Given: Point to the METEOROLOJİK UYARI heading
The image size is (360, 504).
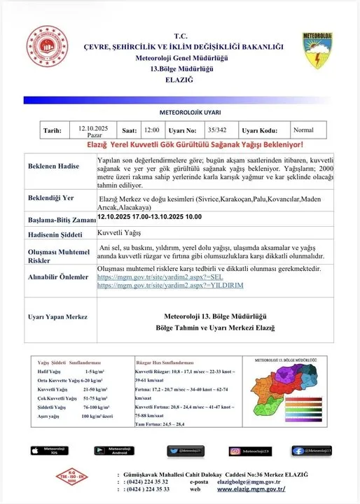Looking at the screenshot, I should [179, 111].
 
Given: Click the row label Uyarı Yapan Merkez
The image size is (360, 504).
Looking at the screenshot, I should [57, 317].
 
